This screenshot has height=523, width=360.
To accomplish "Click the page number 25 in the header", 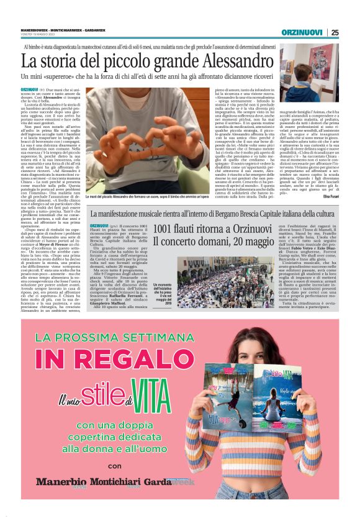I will click(x=335, y=32).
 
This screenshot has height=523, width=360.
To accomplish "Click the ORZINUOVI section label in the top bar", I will click(x=302, y=32).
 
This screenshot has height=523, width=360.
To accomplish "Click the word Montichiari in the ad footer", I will click(x=110, y=481).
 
